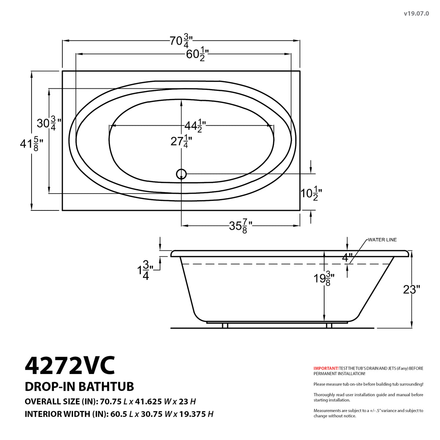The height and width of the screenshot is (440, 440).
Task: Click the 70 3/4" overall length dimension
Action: click(181, 41)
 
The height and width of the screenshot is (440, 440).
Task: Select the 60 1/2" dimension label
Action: click(197, 55)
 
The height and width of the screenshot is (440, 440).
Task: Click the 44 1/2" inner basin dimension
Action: click(194, 126)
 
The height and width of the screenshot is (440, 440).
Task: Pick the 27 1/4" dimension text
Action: click(181, 141)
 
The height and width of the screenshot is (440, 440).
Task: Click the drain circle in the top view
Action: click(181, 174)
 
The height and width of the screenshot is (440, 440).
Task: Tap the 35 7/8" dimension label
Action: click(241, 226)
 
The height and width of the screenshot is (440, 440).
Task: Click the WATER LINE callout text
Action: click(382, 240)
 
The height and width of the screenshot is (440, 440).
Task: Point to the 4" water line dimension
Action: click(347, 257)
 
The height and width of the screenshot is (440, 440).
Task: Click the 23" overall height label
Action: click(411, 290)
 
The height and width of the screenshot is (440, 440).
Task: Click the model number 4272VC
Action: click(70, 365)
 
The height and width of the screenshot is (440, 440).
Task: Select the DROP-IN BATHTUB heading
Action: click(79, 386)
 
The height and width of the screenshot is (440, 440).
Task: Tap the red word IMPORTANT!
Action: click(326, 368)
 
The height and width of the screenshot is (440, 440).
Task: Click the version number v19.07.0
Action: click(416, 14)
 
